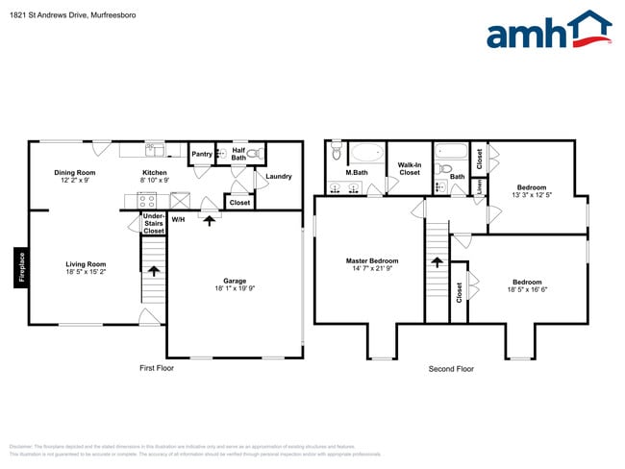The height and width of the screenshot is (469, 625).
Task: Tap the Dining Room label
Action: [74, 173]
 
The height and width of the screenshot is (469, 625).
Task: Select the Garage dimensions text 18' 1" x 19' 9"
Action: [235, 290]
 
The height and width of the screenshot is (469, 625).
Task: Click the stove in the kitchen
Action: [148, 202]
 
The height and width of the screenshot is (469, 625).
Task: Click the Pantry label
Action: [202, 154]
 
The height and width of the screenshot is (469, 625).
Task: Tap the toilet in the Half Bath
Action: [254, 153]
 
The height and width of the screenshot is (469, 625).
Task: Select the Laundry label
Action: [279, 176]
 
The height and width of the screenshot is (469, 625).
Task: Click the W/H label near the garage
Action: [178, 219]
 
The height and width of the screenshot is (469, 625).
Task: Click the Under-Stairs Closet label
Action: [153, 224]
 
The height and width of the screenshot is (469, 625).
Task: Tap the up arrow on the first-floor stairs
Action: [153, 272]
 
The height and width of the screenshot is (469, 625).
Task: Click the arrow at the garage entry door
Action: [210, 219]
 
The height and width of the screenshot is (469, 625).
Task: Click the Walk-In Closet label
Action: [410, 168]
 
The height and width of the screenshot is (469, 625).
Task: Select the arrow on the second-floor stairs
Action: [437, 260]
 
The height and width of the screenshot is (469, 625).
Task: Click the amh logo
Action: [548, 31]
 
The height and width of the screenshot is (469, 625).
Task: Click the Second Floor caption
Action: [451, 369]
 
